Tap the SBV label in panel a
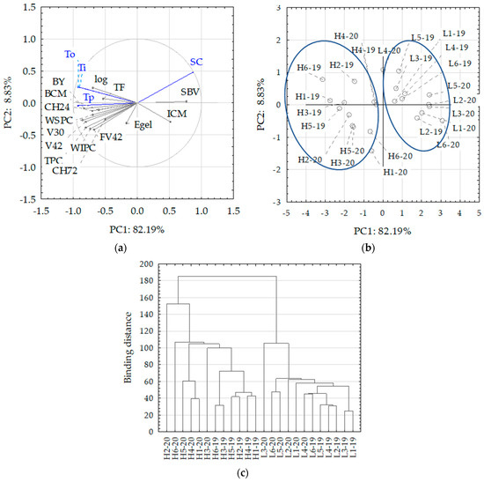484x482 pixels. click(x=189, y=92)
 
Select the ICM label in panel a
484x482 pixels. click(x=177, y=114)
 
